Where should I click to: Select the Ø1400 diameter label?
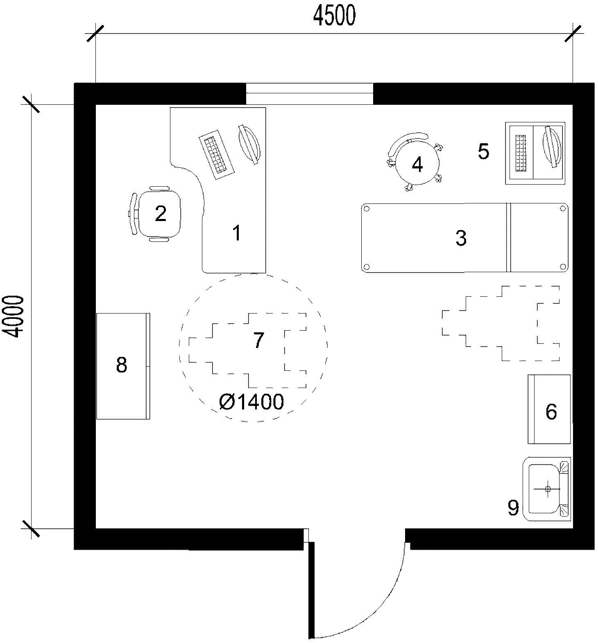pyautogui.click(x=251, y=402)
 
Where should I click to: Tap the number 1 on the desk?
pyautogui.click(x=236, y=233)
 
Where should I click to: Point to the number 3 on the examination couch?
pyautogui.click(x=461, y=238)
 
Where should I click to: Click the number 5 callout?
pyautogui.click(x=483, y=151)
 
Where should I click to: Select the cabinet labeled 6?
pyautogui.click(x=549, y=409)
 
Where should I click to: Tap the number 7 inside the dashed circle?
pyautogui.click(x=258, y=340)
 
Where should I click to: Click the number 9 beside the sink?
pyautogui.click(x=513, y=508)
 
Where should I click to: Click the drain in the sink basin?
pyautogui.click(x=548, y=489)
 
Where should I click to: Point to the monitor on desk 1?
pyautogui.click(x=249, y=144)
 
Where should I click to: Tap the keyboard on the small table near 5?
pyautogui.click(x=521, y=153)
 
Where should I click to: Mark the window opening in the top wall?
pyautogui.click(x=309, y=94)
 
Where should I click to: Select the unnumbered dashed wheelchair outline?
pyautogui.click(x=501, y=323)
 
